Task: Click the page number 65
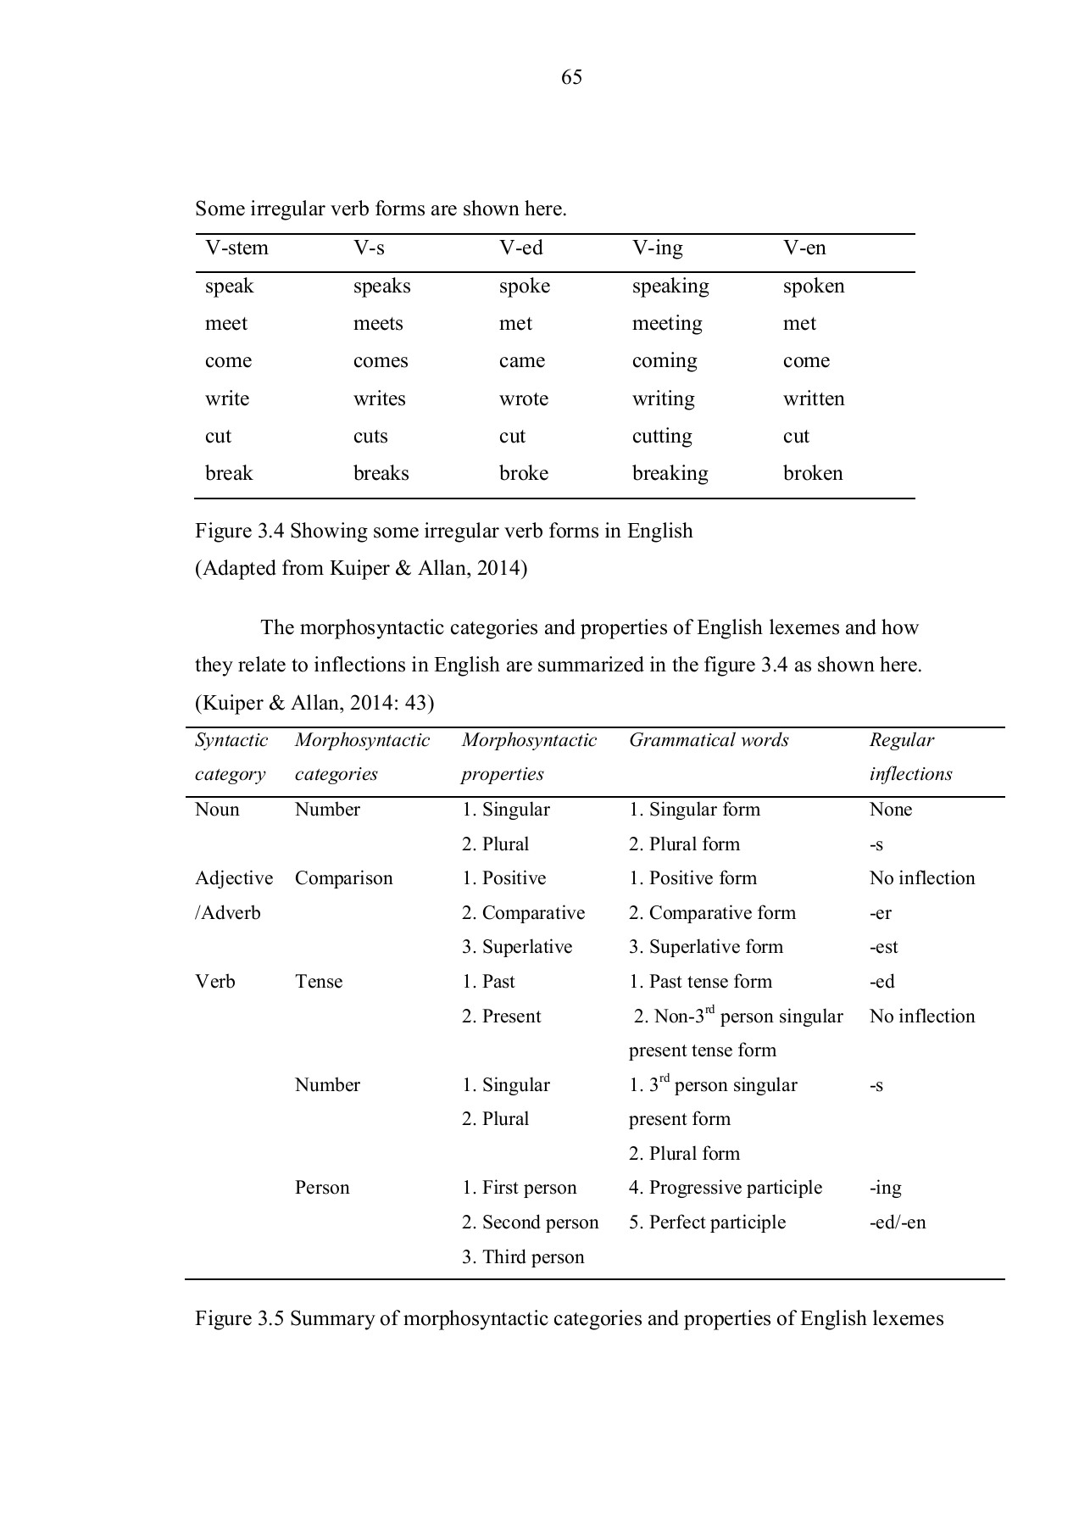[x=571, y=78]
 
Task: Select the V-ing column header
[x=657, y=248]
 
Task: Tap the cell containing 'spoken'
[x=813, y=286]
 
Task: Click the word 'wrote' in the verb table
[x=523, y=398]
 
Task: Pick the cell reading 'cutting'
[x=661, y=436]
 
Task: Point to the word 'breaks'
[x=381, y=473]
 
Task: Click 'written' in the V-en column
[x=813, y=398]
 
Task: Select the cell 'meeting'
[x=666, y=324]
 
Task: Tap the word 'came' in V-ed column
[x=521, y=361]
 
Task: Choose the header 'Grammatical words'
[x=708, y=740]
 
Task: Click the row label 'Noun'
[x=217, y=810]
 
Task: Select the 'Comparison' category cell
[x=343, y=878]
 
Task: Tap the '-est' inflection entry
[x=883, y=947]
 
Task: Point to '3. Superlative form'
[x=705, y=947]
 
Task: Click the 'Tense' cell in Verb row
[x=318, y=982]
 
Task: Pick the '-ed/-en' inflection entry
[x=897, y=1222]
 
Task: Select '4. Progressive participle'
[x=725, y=1188]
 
